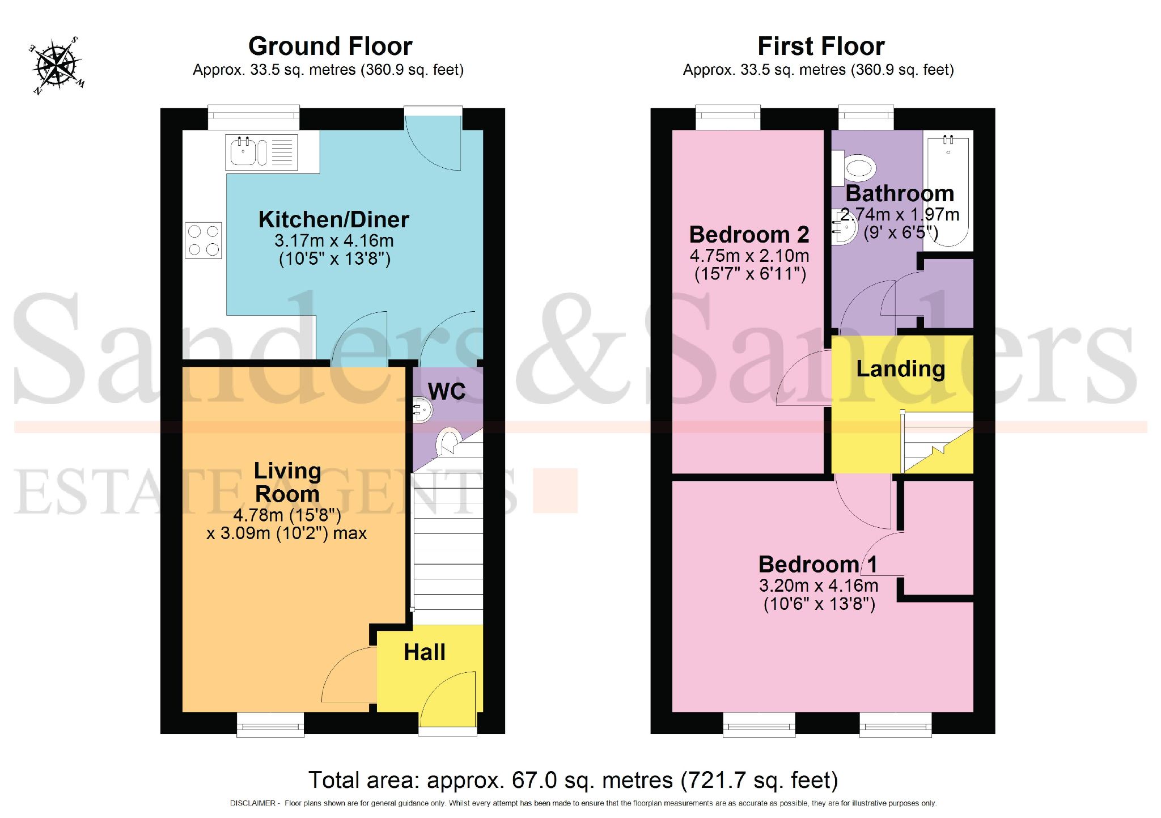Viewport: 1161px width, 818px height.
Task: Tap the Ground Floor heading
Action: (x=330, y=46)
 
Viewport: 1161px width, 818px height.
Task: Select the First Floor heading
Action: (x=820, y=46)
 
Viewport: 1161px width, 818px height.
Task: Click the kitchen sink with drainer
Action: (x=261, y=152)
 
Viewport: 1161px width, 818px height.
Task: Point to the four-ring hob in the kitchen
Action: (x=203, y=240)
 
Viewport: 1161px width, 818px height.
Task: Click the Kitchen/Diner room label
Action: (x=333, y=220)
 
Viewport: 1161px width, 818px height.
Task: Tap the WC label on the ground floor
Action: (x=447, y=391)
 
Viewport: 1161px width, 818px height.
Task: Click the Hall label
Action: (x=424, y=652)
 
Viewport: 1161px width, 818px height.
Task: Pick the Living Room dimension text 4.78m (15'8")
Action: (x=287, y=515)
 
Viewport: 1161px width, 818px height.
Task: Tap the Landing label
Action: (x=900, y=369)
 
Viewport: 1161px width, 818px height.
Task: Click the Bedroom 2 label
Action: (x=748, y=235)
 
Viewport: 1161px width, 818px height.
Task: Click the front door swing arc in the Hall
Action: (x=448, y=697)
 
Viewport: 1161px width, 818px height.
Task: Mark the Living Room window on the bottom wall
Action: (x=270, y=726)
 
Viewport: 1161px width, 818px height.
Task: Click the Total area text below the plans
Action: (x=573, y=781)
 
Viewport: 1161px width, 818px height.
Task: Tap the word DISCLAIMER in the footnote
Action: (x=252, y=803)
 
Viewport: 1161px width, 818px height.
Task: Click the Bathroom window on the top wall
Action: (x=866, y=117)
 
